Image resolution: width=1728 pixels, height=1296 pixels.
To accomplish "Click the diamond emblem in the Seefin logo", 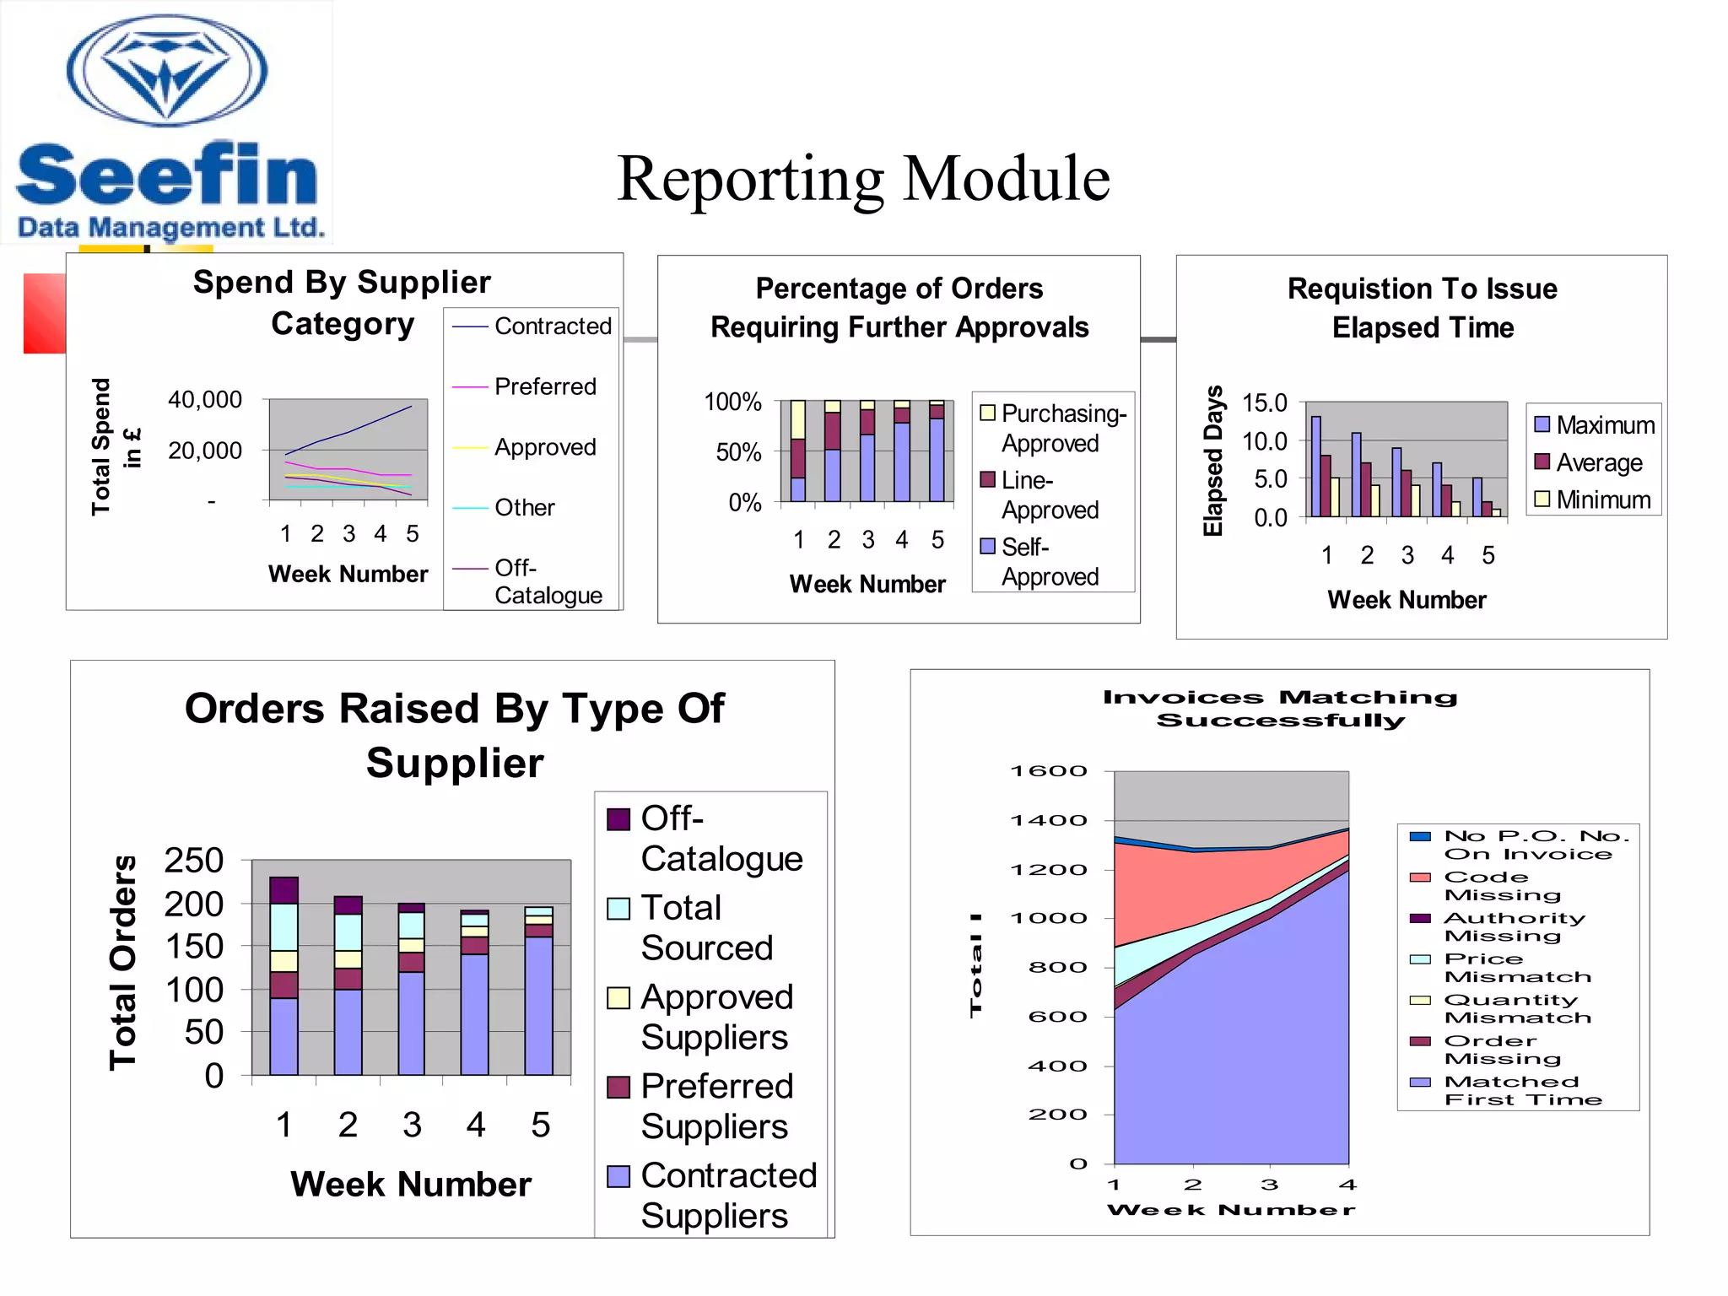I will point(167,71).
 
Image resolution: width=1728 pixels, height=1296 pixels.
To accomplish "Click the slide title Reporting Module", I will point(862,179).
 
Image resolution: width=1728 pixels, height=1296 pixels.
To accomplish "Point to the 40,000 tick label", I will point(205,399).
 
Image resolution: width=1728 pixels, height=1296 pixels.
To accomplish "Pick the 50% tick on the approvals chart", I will point(738,452).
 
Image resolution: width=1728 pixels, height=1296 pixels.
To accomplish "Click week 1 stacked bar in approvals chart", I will point(797,451).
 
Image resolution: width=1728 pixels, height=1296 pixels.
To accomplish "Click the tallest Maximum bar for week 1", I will point(1315,465).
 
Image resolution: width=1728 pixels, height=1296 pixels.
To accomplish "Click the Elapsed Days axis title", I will point(1212,461).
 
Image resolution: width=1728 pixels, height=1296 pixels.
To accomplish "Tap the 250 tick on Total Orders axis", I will point(193,861).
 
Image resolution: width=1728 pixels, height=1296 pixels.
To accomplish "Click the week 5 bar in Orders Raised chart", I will point(538,991).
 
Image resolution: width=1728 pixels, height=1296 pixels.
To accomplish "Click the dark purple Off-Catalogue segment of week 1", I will point(283,890).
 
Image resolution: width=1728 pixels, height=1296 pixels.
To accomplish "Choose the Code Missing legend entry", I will point(1502,886).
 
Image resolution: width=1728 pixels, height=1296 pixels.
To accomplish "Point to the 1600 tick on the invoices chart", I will point(1049,771).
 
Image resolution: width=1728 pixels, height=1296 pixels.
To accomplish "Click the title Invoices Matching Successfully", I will point(1280,709).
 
